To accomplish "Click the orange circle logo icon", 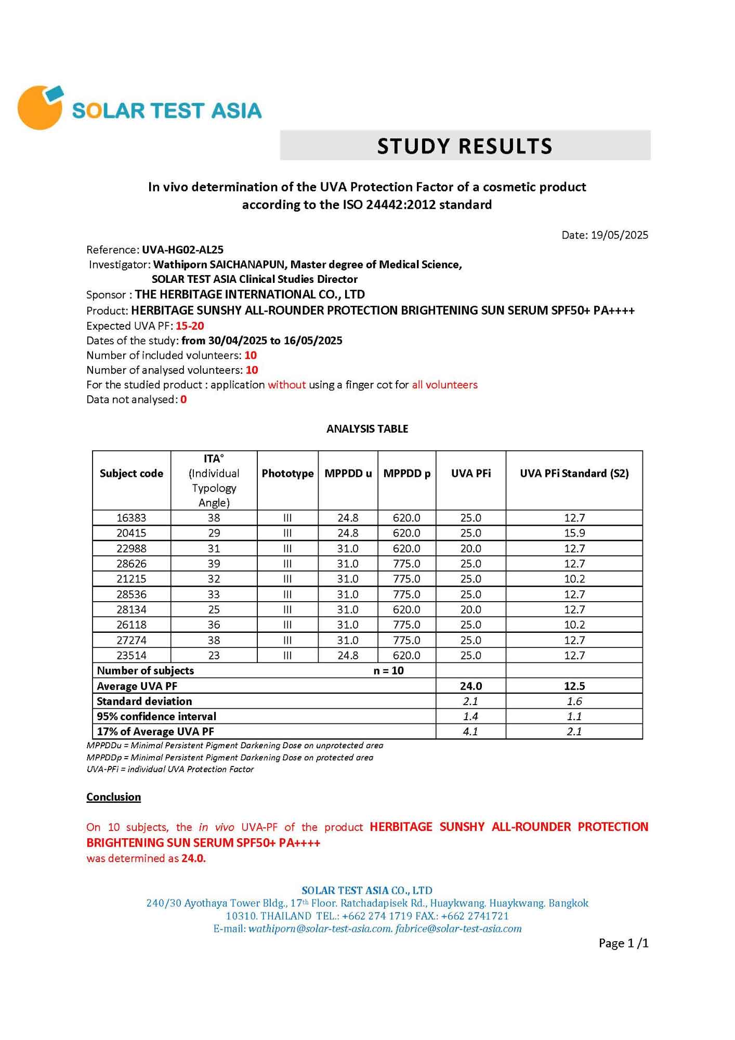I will pos(39,108).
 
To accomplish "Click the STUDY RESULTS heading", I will pos(465,146).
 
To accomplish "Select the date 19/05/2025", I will pos(619,235).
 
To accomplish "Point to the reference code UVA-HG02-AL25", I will pos(182,250).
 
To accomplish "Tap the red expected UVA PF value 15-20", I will pos(190,326).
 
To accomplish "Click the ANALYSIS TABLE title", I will pos(367,429).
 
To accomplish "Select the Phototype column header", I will pos(287,474).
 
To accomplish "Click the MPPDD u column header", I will pos(348,474).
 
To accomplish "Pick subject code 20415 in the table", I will pos(132,533).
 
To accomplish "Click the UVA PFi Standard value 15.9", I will pos(574,533).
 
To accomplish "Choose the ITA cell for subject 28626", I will pos(214,564).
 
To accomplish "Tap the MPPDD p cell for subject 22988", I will pos(406,549).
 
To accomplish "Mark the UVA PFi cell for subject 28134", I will pos(470,609).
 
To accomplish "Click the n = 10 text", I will pos(388,671).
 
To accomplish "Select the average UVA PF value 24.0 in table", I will pos(470,686).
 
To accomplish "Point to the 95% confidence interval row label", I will pos(156,717).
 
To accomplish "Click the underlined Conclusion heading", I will pos(113,797).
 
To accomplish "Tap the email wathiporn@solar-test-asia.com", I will pos(320,929).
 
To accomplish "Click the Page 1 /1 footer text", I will pos(623,943).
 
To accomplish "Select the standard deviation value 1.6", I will pos(574,701).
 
